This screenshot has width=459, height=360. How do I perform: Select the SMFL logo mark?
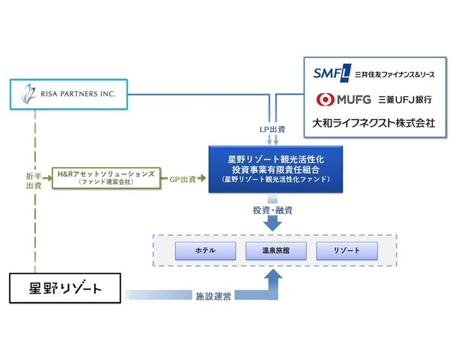pyautogui.click(x=330, y=73)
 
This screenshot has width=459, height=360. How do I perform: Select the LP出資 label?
pyautogui.click(x=273, y=130)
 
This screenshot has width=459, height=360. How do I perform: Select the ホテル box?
pyautogui.click(x=206, y=250)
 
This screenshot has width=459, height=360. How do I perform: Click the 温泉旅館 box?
pyautogui.click(x=273, y=250)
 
